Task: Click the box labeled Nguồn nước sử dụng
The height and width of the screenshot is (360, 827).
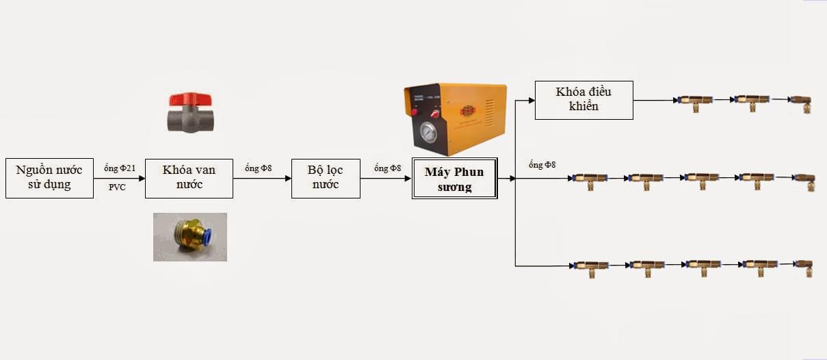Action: (49, 178)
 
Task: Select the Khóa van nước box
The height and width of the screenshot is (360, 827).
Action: (189, 179)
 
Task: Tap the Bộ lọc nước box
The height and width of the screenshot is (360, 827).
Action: (326, 179)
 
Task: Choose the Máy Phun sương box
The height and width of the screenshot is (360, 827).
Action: (454, 179)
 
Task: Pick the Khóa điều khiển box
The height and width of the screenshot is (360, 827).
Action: (584, 100)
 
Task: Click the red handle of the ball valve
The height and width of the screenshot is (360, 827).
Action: (190, 99)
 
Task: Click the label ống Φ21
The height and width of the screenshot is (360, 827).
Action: (120, 168)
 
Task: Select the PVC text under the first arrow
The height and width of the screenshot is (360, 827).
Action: (117, 188)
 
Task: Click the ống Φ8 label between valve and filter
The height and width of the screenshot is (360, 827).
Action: (258, 168)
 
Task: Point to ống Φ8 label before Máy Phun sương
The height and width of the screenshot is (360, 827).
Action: (387, 168)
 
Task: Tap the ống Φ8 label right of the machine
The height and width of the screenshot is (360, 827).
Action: (542, 165)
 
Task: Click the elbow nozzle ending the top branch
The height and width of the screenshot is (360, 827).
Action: (801, 103)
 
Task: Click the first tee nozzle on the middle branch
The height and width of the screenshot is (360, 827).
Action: (590, 181)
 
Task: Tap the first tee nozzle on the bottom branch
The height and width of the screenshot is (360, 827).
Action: (591, 268)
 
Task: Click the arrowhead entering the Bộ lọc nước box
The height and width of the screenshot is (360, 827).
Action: (289, 179)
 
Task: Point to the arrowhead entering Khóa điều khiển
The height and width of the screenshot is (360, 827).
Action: (531, 100)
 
